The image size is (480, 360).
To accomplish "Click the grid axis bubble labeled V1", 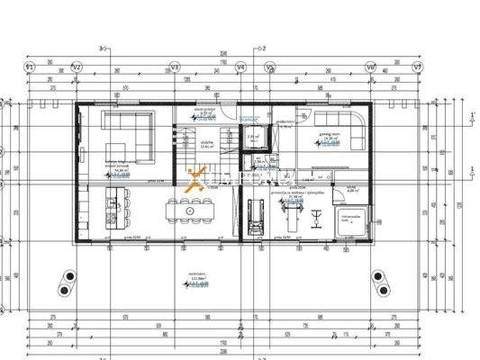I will pyautogui.click(x=29, y=67).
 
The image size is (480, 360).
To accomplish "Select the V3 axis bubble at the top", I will pyautogui.click(x=175, y=67).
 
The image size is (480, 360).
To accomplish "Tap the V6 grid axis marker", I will pyautogui.click(x=370, y=67).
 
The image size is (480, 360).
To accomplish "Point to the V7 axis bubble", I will pyautogui.click(x=417, y=67).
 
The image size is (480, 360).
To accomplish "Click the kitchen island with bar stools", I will pyautogui.click(x=113, y=209).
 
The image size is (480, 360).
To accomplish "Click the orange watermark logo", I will pyautogui.click(x=195, y=178).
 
